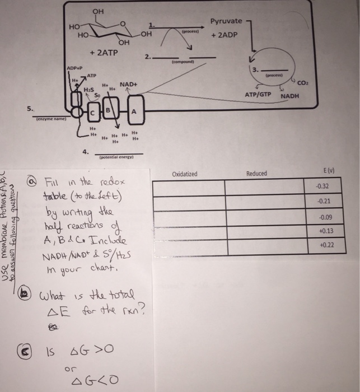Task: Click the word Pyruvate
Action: [x=226, y=21]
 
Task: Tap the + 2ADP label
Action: [x=225, y=34]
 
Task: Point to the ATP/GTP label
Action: [x=258, y=95]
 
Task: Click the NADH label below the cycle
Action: [x=290, y=96]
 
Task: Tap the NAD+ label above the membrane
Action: [x=128, y=84]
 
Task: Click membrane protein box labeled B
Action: [x=110, y=110]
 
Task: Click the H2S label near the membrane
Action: [x=87, y=90]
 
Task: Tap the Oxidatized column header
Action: [x=185, y=174]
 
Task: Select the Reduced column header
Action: [x=256, y=174]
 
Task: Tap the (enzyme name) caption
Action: [x=51, y=119]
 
